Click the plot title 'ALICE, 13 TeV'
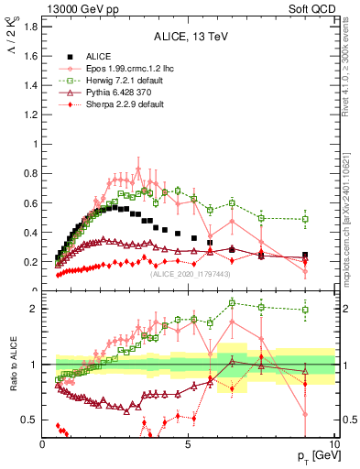[191, 38]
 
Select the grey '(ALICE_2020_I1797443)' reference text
[191, 273]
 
